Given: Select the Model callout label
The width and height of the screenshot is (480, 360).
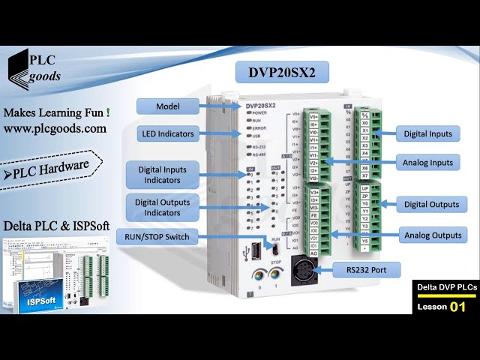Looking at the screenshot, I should tap(168, 106).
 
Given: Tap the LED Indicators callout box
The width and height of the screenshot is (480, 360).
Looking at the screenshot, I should tap(168, 133).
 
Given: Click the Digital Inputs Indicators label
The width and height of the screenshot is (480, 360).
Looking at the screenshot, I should tap(163, 175).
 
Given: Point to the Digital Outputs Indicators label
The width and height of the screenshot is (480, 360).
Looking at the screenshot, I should tap(163, 207).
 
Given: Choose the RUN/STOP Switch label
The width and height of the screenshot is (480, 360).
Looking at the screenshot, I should tap(157, 238).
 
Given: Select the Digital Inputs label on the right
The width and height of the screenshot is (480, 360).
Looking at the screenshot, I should tap(428, 133).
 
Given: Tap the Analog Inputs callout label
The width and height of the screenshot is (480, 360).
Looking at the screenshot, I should tap(428, 162).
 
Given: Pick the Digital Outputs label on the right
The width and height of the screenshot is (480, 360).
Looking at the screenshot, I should tap(431, 204).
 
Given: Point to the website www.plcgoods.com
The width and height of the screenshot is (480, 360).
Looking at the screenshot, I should tap(55, 128).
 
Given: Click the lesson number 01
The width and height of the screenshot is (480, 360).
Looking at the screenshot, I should tap(457, 307).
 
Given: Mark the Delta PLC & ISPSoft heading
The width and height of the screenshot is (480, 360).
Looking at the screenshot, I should tap(55, 225).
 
